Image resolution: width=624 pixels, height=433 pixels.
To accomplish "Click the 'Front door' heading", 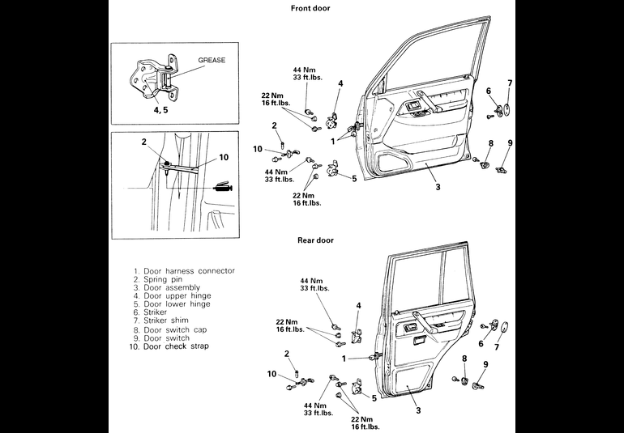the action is (x=310, y=8).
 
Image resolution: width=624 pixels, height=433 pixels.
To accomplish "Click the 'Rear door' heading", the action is (x=315, y=240).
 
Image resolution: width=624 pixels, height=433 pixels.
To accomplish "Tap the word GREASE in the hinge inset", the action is (x=212, y=60).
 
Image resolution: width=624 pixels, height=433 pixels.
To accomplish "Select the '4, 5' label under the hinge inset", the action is (x=160, y=110).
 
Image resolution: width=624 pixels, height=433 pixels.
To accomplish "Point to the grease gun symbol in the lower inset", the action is (x=223, y=188).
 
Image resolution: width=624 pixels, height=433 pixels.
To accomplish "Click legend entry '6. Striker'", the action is (x=151, y=312).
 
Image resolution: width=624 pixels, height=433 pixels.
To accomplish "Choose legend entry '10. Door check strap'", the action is (x=169, y=346).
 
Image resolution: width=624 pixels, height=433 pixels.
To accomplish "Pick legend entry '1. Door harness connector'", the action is (x=184, y=271).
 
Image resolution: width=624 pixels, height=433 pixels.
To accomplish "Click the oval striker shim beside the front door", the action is (x=508, y=110).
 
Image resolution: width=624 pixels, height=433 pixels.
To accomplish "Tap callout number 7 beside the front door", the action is (x=510, y=83).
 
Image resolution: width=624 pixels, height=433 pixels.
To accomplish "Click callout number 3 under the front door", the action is (x=438, y=186).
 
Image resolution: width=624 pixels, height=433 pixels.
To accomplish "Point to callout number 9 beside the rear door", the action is (x=485, y=364).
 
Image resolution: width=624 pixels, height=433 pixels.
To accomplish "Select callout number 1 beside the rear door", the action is (x=344, y=359).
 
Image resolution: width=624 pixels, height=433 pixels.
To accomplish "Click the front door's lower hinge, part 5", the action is (x=332, y=169).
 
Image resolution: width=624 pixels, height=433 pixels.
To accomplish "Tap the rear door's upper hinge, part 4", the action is (x=357, y=336).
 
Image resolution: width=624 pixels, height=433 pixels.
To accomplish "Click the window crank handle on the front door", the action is (x=429, y=101).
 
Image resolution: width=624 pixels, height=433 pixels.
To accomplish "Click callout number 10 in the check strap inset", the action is (x=224, y=158).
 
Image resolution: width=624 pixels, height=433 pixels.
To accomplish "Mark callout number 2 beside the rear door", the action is (x=287, y=354).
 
